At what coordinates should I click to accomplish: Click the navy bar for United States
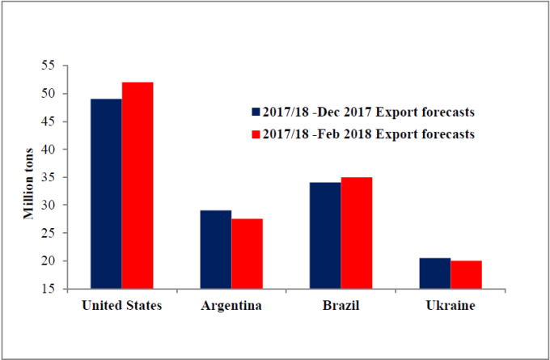106,193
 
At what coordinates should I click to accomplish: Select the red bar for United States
137,185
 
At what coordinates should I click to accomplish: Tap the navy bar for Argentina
216,249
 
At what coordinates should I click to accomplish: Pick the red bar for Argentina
247,253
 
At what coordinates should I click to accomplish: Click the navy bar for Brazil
325,235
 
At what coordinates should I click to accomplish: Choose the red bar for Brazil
357,233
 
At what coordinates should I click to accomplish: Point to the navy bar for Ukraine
435,273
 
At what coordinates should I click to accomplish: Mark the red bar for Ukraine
466,275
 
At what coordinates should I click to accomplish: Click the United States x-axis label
122,306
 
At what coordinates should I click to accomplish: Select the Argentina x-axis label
231,306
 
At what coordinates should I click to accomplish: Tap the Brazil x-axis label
341,306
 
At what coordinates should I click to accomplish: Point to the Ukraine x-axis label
451,306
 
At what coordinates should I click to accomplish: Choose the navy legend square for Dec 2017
256,112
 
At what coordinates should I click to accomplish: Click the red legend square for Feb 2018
256,133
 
